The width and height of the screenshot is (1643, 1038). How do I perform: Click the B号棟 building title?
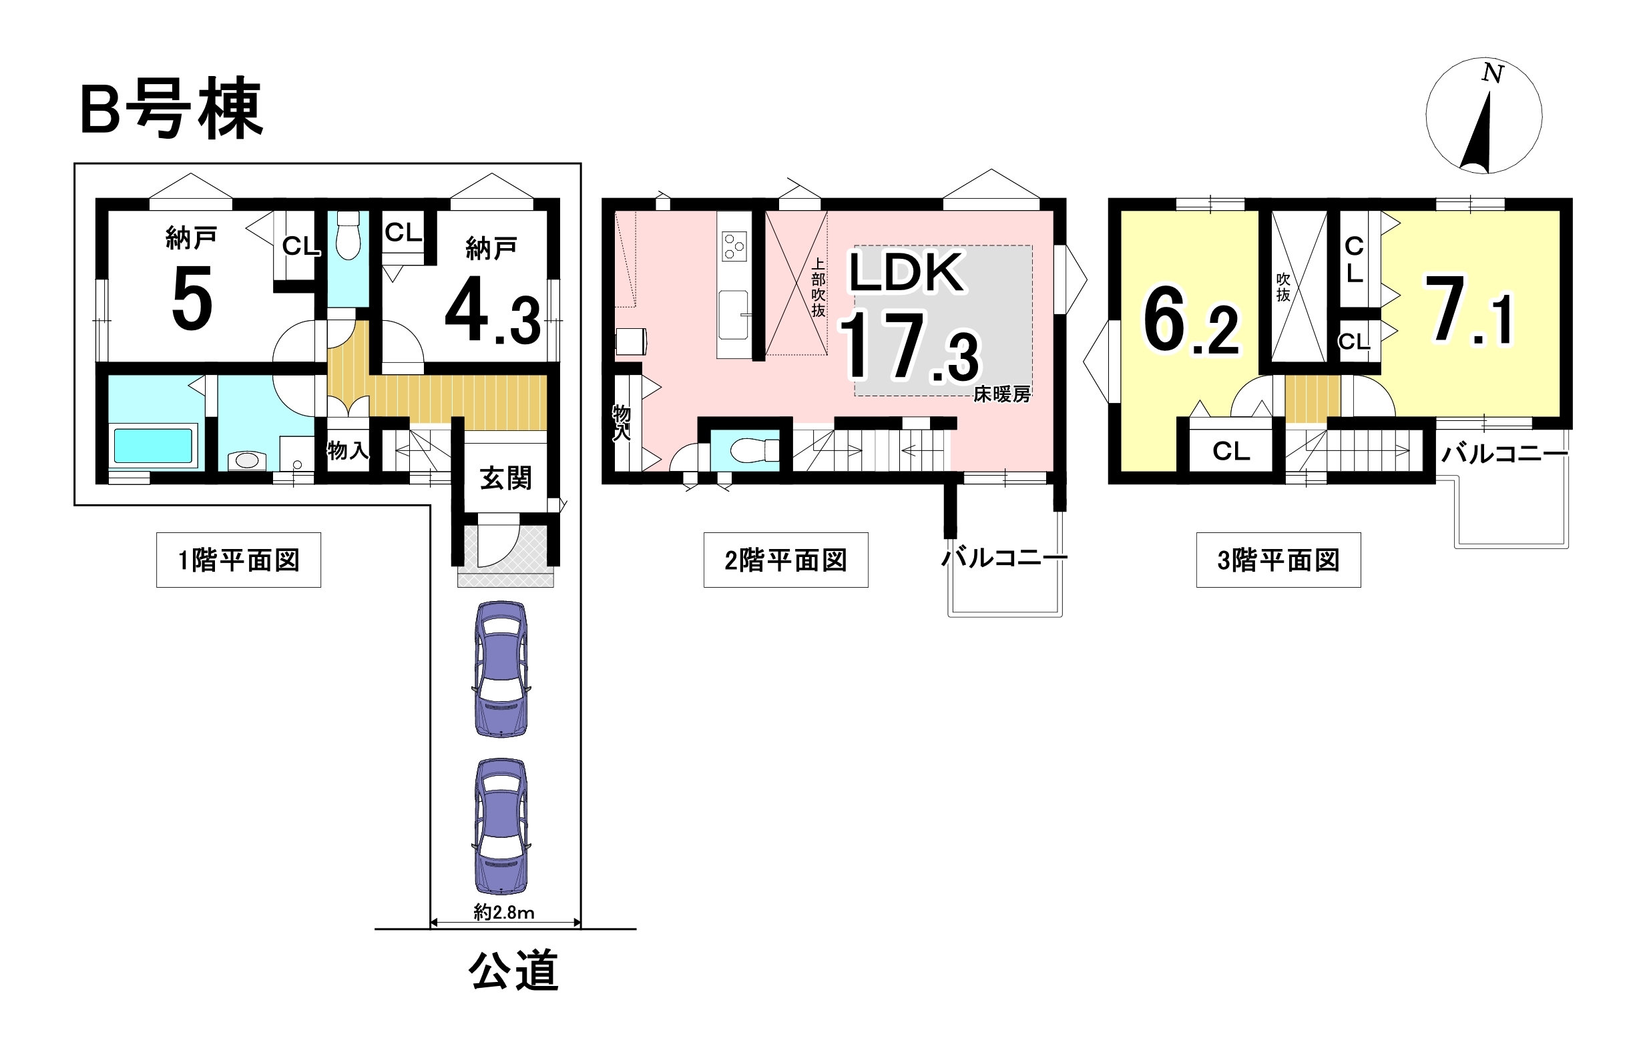[x=172, y=109]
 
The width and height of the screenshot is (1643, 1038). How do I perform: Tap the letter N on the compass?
[x=1492, y=73]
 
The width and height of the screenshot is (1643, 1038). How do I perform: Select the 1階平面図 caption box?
[x=239, y=560]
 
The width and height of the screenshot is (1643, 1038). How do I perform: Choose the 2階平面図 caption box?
[x=786, y=560]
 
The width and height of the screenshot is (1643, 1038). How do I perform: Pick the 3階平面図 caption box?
[x=1278, y=560]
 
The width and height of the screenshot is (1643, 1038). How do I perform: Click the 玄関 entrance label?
[x=505, y=478]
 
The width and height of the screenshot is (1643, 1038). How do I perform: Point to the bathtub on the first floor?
[x=153, y=446]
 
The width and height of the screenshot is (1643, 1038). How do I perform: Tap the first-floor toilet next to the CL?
[x=348, y=235]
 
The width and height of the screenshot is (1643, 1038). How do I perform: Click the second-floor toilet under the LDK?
[x=754, y=450]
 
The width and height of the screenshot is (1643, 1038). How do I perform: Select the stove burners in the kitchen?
[x=734, y=245]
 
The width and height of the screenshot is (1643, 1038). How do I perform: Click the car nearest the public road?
[x=501, y=826]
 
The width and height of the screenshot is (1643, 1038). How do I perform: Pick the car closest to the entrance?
[x=501, y=669]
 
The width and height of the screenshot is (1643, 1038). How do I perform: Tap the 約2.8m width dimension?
[x=504, y=913]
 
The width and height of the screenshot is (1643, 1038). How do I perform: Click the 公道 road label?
[x=514, y=970]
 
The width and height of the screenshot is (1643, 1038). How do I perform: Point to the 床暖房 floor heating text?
[x=1001, y=394]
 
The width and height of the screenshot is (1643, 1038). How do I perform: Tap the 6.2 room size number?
[x=1191, y=320]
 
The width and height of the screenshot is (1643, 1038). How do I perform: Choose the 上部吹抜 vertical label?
[x=818, y=287]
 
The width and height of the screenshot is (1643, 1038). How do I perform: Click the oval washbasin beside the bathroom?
[x=246, y=460]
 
